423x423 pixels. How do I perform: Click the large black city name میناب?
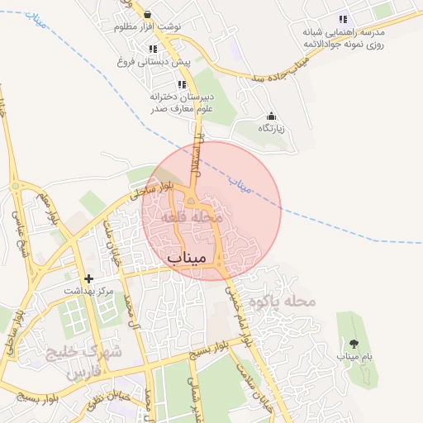[186, 257]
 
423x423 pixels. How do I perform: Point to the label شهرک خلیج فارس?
[91, 361]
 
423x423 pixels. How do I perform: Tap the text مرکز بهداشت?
[89, 292]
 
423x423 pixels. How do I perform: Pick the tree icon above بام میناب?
[354, 343]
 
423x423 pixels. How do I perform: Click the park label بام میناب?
[354, 356]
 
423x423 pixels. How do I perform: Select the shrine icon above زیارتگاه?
[271, 116]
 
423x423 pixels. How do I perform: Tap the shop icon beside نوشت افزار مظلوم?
[147, 14]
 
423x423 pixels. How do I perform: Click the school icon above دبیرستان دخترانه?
[182, 84]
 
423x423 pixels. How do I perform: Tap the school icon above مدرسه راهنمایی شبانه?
[342, 19]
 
